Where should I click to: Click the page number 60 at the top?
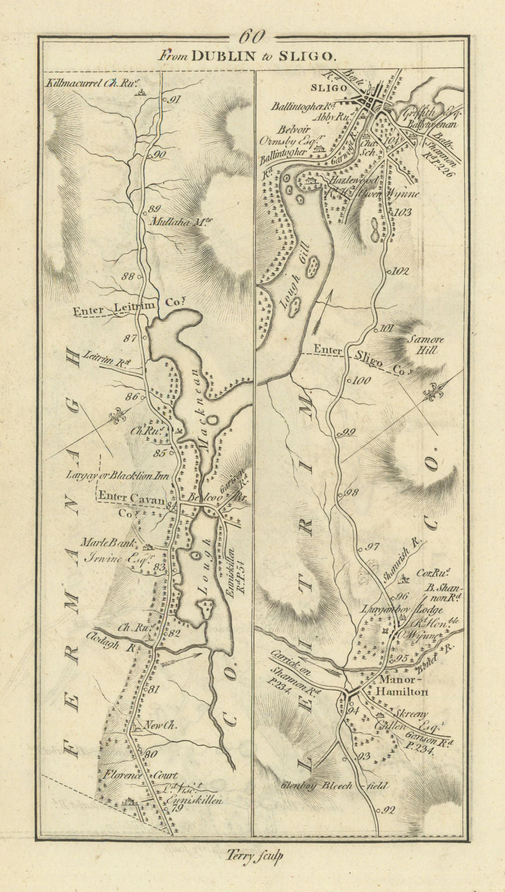252,37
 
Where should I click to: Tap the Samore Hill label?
424,344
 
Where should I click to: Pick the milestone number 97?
372,547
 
